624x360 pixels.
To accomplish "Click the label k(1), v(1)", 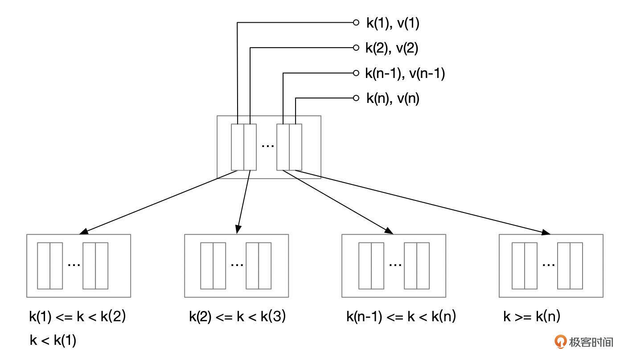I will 393,23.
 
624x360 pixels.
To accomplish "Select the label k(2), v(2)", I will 392,48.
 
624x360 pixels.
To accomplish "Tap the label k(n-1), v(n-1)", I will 405,74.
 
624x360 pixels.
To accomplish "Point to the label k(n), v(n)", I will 393,98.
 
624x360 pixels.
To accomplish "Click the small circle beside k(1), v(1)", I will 356,22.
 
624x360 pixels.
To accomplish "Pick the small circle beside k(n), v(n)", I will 356,98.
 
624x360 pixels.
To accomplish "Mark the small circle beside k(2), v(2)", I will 356,48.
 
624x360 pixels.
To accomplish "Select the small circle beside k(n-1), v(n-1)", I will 356,73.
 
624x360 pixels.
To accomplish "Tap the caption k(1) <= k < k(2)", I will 78,317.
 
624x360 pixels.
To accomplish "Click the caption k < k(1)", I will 53,341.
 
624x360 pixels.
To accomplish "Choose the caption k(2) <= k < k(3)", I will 238,317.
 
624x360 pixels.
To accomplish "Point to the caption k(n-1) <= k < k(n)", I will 401,317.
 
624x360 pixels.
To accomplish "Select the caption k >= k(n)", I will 532,317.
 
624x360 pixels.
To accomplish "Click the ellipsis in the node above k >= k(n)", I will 548,264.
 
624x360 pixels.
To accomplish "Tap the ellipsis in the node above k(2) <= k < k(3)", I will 237,264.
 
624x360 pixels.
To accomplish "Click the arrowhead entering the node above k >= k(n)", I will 546,233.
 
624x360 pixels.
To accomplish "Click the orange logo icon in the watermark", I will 560,342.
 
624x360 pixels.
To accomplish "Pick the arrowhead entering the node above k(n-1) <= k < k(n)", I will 389,231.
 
